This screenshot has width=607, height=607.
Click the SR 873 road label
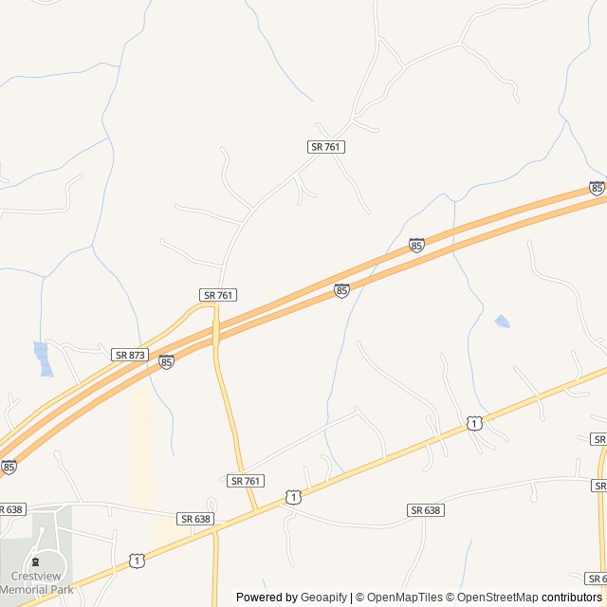(130, 355)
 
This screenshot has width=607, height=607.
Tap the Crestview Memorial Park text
(35, 582)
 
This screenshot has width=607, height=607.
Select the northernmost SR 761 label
(325, 147)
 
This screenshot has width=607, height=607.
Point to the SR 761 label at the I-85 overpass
(217, 295)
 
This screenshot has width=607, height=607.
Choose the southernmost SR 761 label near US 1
(246, 481)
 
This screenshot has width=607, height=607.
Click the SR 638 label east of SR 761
(426, 510)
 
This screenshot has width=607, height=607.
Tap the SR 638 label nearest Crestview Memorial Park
(10, 509)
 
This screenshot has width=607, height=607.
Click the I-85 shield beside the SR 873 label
(166, 361)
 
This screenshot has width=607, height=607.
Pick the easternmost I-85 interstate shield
(597, 188)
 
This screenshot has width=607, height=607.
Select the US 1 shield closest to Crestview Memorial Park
(138, 561)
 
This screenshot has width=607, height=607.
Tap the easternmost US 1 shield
(473, 423)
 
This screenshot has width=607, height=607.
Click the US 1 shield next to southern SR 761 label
(294, 497)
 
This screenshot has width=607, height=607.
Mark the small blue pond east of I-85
(502, 322)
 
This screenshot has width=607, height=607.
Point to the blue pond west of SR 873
(41, 358)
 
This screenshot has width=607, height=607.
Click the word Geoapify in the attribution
(323, 598)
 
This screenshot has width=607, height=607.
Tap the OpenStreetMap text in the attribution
(495, 598)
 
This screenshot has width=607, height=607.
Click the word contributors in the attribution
(573, 598)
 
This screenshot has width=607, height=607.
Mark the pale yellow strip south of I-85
(142, 446)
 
